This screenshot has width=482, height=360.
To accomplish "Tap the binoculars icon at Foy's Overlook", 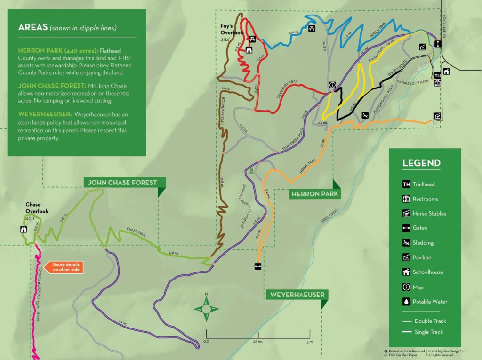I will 249,49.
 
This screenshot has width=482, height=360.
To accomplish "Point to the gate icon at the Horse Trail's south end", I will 257,266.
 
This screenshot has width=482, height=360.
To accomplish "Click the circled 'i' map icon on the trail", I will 332,85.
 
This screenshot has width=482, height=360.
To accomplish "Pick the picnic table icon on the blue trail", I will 312,30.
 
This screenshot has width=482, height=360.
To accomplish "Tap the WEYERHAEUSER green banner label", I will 296,295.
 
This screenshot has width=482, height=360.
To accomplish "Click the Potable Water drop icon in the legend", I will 406,302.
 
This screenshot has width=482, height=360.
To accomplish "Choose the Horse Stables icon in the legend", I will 406,213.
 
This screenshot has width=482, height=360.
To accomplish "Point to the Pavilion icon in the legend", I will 406,257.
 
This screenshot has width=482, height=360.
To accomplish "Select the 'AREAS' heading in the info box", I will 32,27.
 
